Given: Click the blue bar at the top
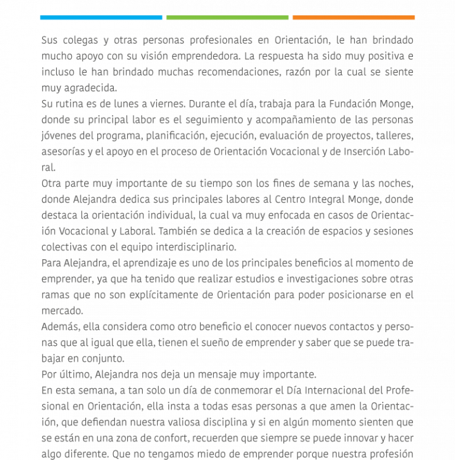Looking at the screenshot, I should point(101,18).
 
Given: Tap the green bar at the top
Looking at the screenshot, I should point(227,18).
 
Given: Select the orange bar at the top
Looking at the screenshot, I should point(354,18).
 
